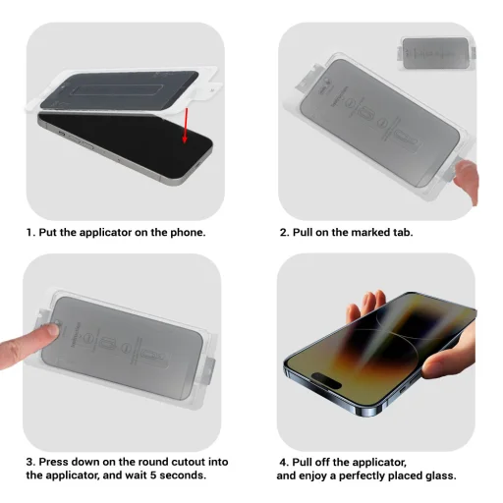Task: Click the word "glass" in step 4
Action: coord(458,475)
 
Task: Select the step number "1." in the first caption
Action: coord(30,233)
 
